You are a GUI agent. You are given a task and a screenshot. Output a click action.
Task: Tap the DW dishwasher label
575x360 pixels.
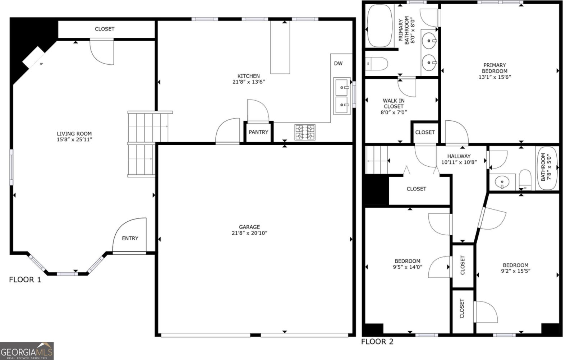338,64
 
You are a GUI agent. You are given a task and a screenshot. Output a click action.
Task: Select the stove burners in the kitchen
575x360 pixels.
305,132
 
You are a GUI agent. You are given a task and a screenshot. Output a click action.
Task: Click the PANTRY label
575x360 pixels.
258,132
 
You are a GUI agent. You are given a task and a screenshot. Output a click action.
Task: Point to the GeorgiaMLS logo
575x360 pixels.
27,351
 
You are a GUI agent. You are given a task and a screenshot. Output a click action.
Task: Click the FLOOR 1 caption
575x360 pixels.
25,280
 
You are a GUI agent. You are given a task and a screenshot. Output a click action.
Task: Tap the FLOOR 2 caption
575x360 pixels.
377,342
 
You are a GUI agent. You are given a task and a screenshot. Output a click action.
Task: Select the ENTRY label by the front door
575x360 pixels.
130,238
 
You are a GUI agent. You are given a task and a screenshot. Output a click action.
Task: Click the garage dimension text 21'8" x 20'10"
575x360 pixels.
249,233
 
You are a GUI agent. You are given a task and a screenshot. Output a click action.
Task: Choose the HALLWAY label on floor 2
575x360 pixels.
459,156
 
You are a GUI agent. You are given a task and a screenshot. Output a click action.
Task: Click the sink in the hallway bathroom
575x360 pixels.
502,183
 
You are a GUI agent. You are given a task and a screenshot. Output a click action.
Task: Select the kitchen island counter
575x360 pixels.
280,47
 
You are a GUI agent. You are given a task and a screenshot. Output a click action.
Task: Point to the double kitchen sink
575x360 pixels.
342,96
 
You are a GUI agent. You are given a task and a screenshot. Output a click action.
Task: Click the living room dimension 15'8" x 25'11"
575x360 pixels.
74,139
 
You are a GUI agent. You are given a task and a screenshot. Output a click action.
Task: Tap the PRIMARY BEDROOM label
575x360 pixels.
494,68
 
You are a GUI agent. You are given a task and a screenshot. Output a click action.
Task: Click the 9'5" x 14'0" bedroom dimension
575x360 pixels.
408,267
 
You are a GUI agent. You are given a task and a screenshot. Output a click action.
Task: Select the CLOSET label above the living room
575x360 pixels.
105,29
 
